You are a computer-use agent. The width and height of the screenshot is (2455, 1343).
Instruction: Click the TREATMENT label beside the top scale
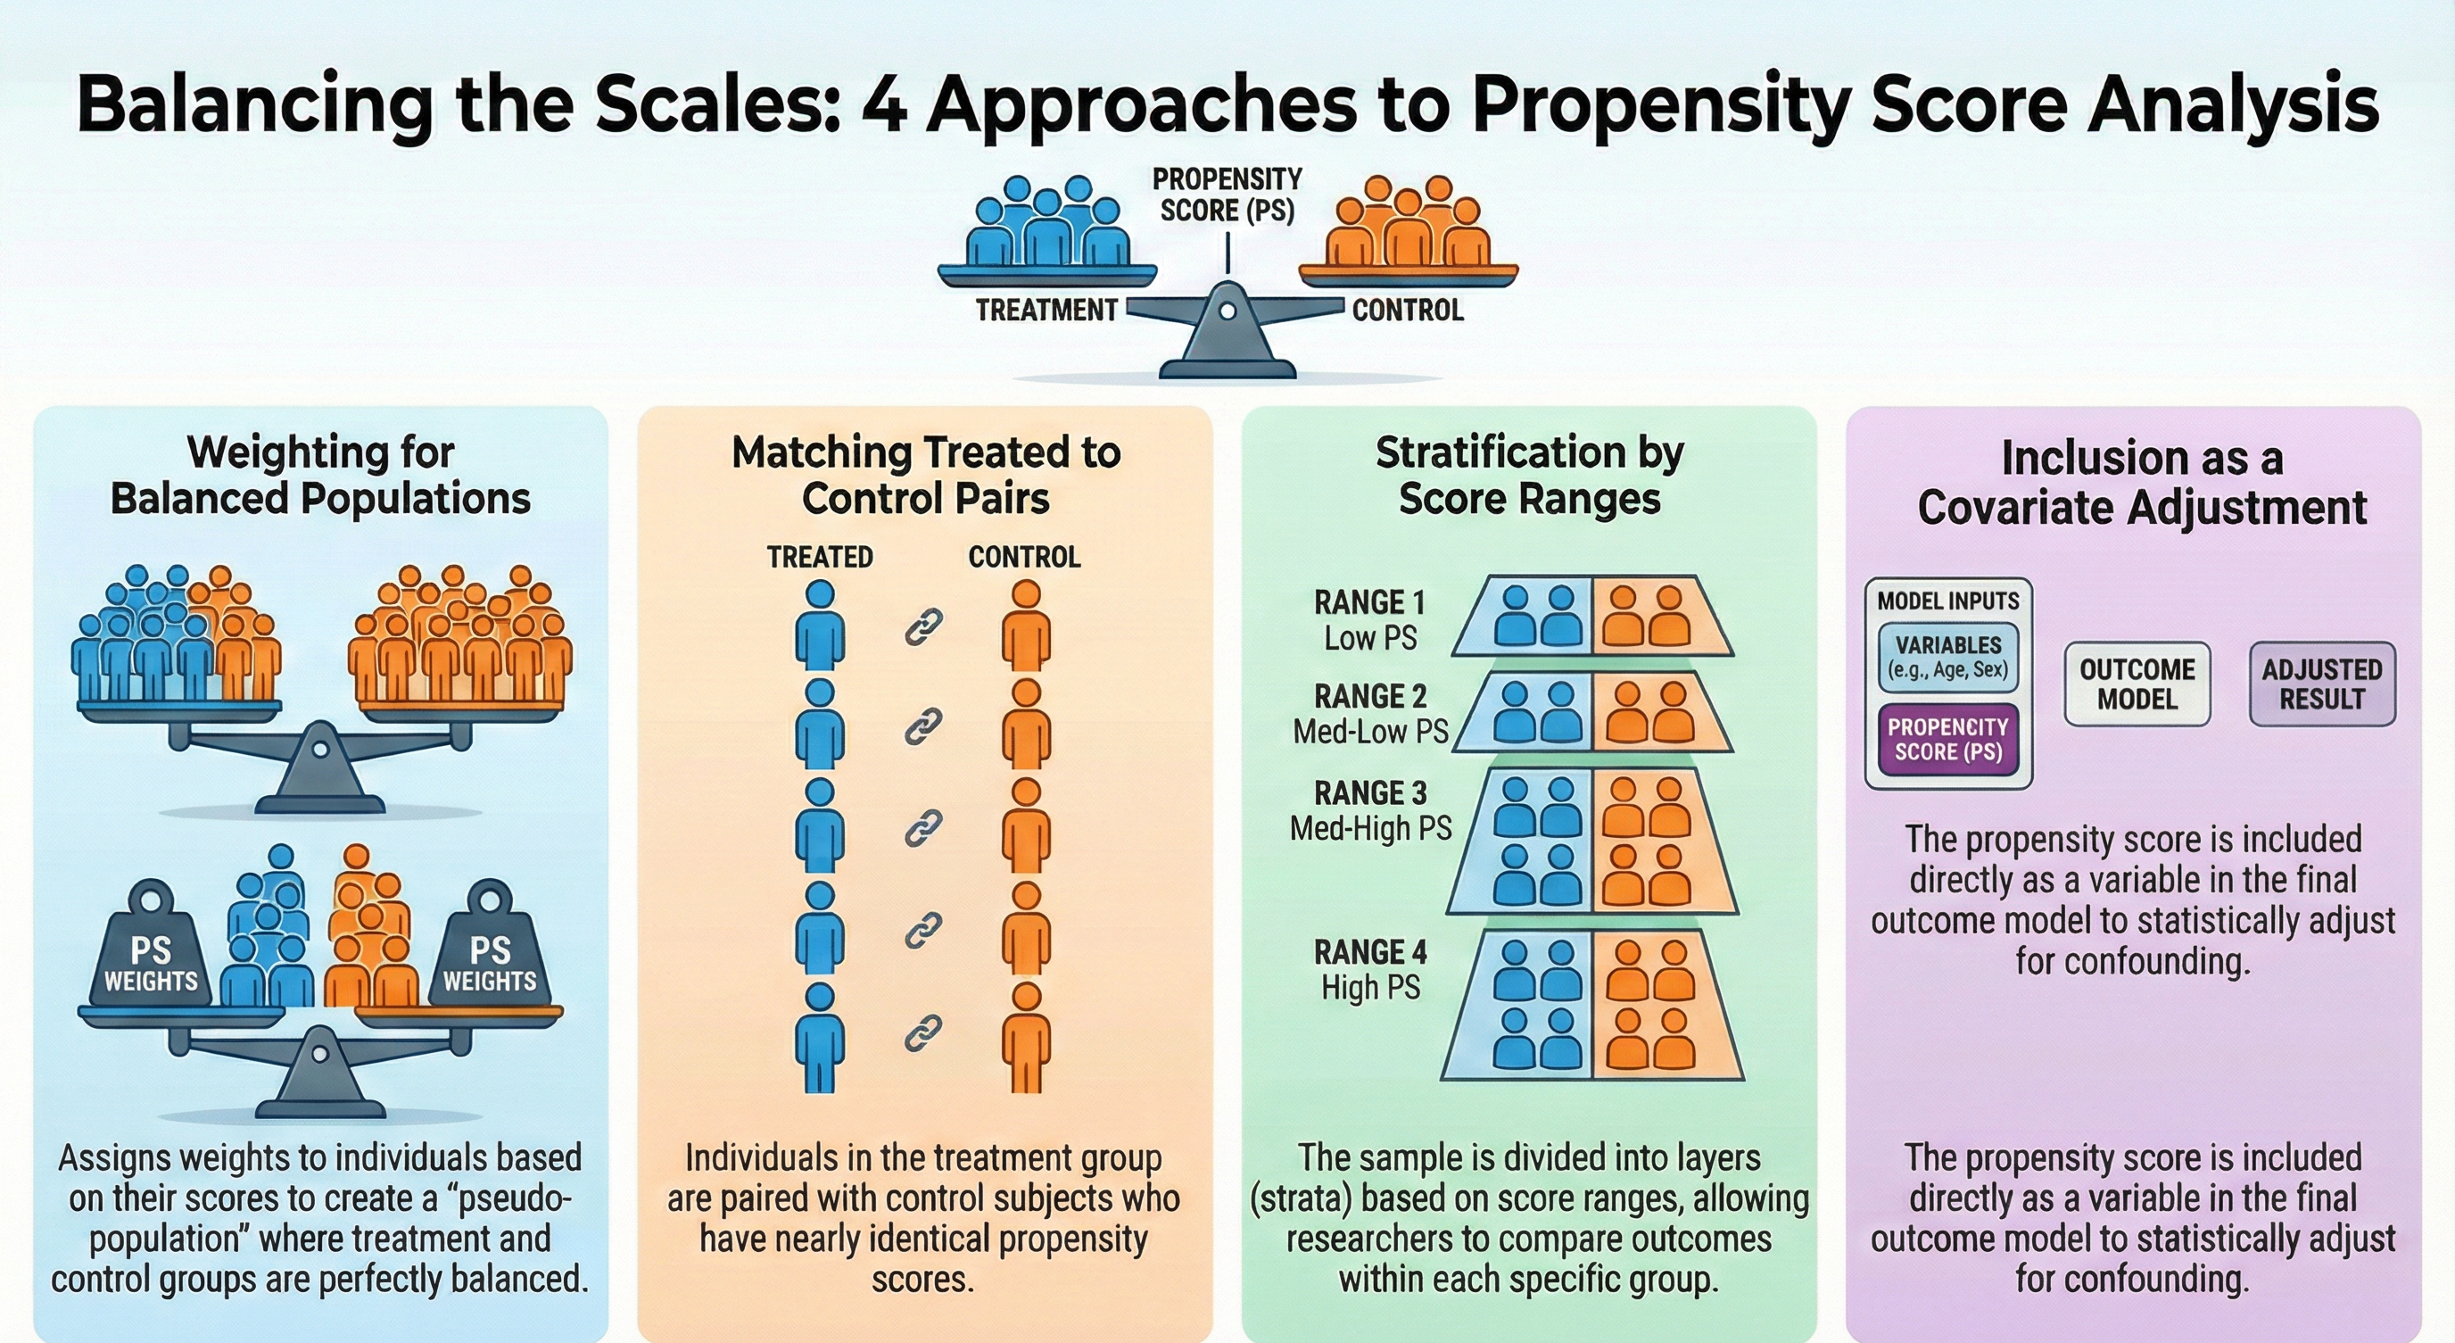[1046, 311]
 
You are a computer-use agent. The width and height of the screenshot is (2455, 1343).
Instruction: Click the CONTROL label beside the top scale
[1408, 311]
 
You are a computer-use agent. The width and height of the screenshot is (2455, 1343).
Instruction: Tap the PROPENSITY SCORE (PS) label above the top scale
[1227, 195]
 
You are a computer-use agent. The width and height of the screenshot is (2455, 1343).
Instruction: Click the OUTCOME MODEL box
[2137, 684]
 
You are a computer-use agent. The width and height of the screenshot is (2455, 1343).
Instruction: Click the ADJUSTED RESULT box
[2321, 684]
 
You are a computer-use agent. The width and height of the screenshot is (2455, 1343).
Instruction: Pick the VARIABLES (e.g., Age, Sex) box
[1948, 657]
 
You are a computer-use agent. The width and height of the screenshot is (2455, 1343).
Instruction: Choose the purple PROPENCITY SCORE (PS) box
[1948, 739]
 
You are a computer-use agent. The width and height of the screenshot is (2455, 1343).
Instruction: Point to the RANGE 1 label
[1369, 602]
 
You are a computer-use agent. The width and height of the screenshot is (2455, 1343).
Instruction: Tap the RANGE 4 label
[1369, 951]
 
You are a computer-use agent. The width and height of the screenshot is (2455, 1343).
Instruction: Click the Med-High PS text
[1370, 828]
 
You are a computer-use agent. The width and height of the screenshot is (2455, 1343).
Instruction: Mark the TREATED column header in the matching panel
[820, 557]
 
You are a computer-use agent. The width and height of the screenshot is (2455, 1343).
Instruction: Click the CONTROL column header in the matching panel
[1024, 557]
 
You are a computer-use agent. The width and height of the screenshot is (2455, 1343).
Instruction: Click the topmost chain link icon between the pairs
[922, 627]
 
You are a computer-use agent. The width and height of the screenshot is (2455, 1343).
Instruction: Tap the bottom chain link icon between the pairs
[922, 1032]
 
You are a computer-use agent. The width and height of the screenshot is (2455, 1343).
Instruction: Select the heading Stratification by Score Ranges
[1530, 475]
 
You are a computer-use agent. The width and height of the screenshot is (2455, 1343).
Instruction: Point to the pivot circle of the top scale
[1227, 311]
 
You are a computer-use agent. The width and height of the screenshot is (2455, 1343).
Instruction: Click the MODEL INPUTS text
[1948, 601]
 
